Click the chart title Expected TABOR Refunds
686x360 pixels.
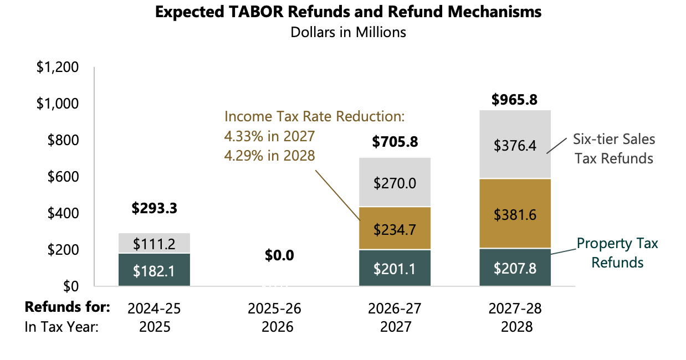click(x=348, y=12)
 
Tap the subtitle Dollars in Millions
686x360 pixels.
click(x=348, y=32)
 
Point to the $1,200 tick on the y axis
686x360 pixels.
click(x=58, y=68)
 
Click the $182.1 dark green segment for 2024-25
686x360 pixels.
click(x=154, y=271)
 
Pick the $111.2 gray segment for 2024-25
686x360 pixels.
click(x=154, y=243)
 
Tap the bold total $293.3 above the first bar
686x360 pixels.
click(x=154, y=208)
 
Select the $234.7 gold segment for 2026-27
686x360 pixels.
click(x=395, y=228)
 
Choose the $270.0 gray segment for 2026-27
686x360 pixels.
click(x=395, y=183)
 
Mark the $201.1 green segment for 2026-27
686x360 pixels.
click(x=395, y=269)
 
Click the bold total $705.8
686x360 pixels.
click(x=395, y=142)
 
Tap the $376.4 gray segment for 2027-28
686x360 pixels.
click(x=515, y=145)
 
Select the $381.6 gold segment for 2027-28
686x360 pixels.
click(x=515, y=214)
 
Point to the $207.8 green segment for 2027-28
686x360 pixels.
click(x=515, y=268)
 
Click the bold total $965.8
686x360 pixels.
click(x=515, y=100)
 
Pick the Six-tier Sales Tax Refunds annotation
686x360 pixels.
click(x=613, y=148)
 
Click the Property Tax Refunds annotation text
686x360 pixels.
click(x=617, y=253)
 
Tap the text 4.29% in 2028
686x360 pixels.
click(x=269, y=156)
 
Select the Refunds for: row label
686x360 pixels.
click(x=68, y=308)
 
